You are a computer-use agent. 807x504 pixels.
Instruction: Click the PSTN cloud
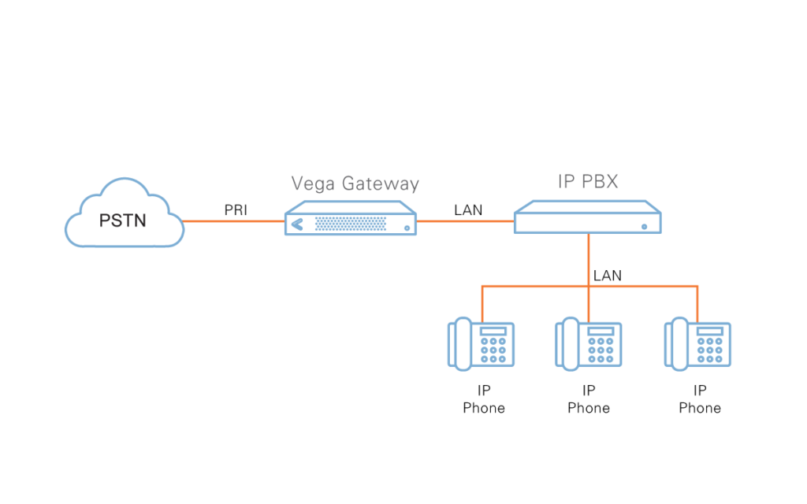tap(124, 217)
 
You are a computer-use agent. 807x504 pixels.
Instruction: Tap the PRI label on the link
tap(236, 210)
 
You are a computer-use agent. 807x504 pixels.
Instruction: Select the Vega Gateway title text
tap(355, 183)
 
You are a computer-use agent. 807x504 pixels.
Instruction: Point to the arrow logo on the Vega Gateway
tap(296, 224)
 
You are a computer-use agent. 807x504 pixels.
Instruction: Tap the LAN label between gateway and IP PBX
tap(468, 210)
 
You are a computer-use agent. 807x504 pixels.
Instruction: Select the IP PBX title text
tap(587, 182)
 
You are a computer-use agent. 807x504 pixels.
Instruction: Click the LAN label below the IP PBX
tap(607, 276)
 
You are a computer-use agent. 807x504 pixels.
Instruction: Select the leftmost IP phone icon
tap(482, 344)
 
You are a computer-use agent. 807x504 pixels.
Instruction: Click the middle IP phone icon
tap(589, 344)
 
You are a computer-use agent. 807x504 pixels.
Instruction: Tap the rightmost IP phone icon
tap(697, 344)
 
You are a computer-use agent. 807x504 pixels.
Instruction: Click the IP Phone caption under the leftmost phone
tap(484, 399)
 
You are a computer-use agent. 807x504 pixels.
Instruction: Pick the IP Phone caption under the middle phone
tap(589, 399)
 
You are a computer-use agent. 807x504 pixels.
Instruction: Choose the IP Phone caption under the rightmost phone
tap(700, 399)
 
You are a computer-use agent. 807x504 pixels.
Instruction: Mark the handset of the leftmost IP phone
tap(459, 344)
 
